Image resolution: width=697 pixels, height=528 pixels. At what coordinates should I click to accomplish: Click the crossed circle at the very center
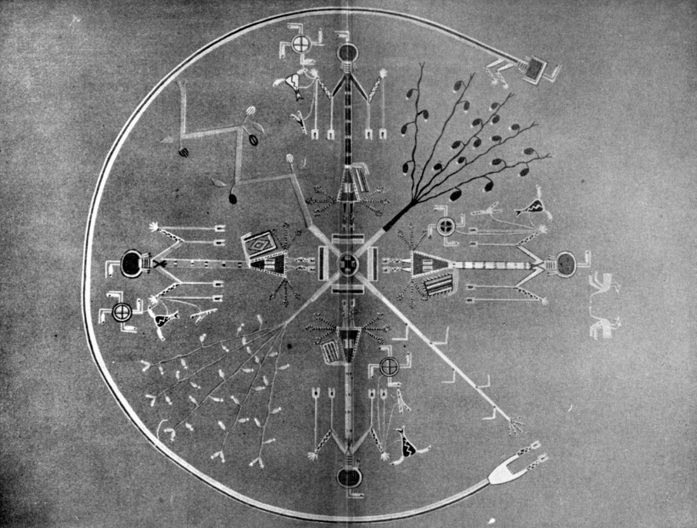(348, 262)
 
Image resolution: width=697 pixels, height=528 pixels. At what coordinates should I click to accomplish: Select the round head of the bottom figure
(348, 477)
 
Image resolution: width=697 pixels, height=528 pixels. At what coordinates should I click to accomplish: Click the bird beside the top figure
(293, 84)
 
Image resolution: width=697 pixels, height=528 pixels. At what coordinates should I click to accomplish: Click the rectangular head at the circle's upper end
(537, 67)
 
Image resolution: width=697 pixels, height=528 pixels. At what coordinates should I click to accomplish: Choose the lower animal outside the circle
(603, 323)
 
